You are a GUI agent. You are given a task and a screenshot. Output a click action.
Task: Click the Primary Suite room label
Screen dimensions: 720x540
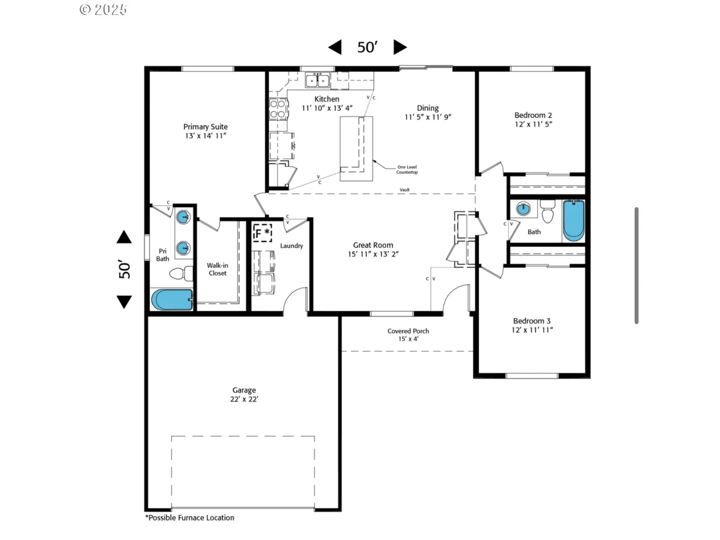(x=205, y=127)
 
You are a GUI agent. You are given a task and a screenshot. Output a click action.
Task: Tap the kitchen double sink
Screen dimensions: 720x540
(x=317, y=80)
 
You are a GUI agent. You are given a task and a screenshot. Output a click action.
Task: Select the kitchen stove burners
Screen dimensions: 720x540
(x=278, y=109)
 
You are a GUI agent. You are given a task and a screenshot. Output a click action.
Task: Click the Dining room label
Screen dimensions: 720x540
(x=427, y=108)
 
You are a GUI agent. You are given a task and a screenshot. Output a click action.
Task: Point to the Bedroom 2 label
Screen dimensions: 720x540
(x=533, y=115)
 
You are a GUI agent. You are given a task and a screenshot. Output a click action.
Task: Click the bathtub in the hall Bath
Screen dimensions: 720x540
(x=573, y=221)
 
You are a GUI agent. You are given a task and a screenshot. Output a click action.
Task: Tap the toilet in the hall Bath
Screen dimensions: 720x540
(x=547, y=212)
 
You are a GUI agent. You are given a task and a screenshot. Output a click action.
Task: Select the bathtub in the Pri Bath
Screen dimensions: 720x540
(x=172, y=300)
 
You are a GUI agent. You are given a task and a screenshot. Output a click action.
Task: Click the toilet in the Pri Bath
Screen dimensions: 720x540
(x=181, y=273)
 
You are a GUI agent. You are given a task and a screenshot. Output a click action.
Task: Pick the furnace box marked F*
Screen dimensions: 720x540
(x=262, y=233)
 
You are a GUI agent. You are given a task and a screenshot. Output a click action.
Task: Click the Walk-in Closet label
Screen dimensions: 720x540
(x=218, y=269)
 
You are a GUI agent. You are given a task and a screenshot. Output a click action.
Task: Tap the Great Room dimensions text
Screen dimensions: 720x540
(x=373, y=254)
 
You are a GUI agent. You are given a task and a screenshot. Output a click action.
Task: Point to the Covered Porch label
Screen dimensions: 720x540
(x=408, y=331)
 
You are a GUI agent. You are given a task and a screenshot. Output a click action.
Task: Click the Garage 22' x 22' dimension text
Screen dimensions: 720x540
(x=244, y=399)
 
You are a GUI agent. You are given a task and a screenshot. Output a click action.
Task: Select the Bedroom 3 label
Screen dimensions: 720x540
(x=532, y=321)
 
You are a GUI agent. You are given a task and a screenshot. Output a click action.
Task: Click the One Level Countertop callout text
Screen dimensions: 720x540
(x=407, y=169)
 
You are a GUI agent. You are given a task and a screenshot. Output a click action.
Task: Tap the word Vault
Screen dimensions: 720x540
(x=404, y=190)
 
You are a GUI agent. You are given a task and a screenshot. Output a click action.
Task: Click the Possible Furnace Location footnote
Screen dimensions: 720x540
(x=190, y=518)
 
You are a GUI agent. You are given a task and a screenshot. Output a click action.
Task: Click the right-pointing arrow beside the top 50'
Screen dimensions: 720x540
(x=400, y=47)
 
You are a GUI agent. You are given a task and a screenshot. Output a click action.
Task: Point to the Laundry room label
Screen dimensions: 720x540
(x=291, y=246)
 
